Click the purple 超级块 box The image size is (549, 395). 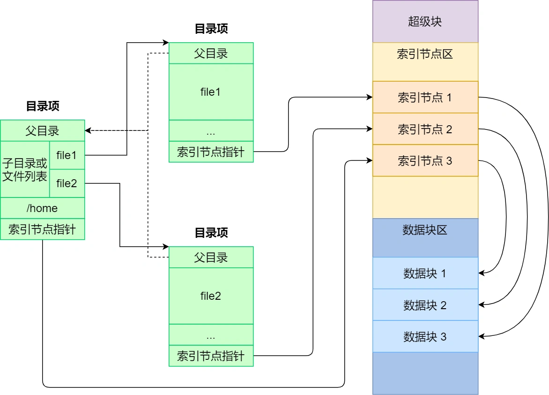(425, 22)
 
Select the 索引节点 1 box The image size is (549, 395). (425, 98)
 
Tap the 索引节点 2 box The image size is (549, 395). (425, 129)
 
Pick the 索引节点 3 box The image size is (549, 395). (425, 161)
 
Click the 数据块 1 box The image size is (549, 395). (425, 273)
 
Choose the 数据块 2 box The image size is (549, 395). (425, 305)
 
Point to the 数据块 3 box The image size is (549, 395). (425, 336)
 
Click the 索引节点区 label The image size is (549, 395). (425, 54)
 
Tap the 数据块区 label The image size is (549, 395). (425, 230)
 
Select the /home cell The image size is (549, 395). (42, 208)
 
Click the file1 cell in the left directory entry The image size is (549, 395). (67, 155)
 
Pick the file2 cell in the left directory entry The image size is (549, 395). (67, 183)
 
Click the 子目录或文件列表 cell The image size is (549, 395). (25, 169)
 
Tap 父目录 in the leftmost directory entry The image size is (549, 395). (42, 130)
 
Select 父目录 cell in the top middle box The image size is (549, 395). (211, 53)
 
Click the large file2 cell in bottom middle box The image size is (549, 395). (211, 296)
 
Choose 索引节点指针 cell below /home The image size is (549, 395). (42, 229)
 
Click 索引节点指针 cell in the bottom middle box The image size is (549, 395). (211, 356)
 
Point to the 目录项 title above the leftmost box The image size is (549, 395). (42, 106)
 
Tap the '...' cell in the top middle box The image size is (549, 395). (211, 130)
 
